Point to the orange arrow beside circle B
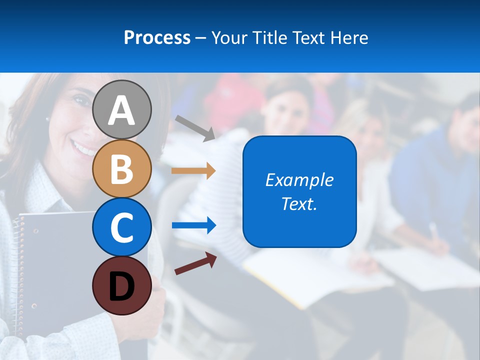193,170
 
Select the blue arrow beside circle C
193,225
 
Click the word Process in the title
157,37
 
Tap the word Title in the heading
269,37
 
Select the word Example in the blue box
299,180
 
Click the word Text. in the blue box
299,203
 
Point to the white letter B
121,168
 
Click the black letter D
121,287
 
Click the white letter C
121,227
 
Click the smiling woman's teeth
82,148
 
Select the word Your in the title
230,37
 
